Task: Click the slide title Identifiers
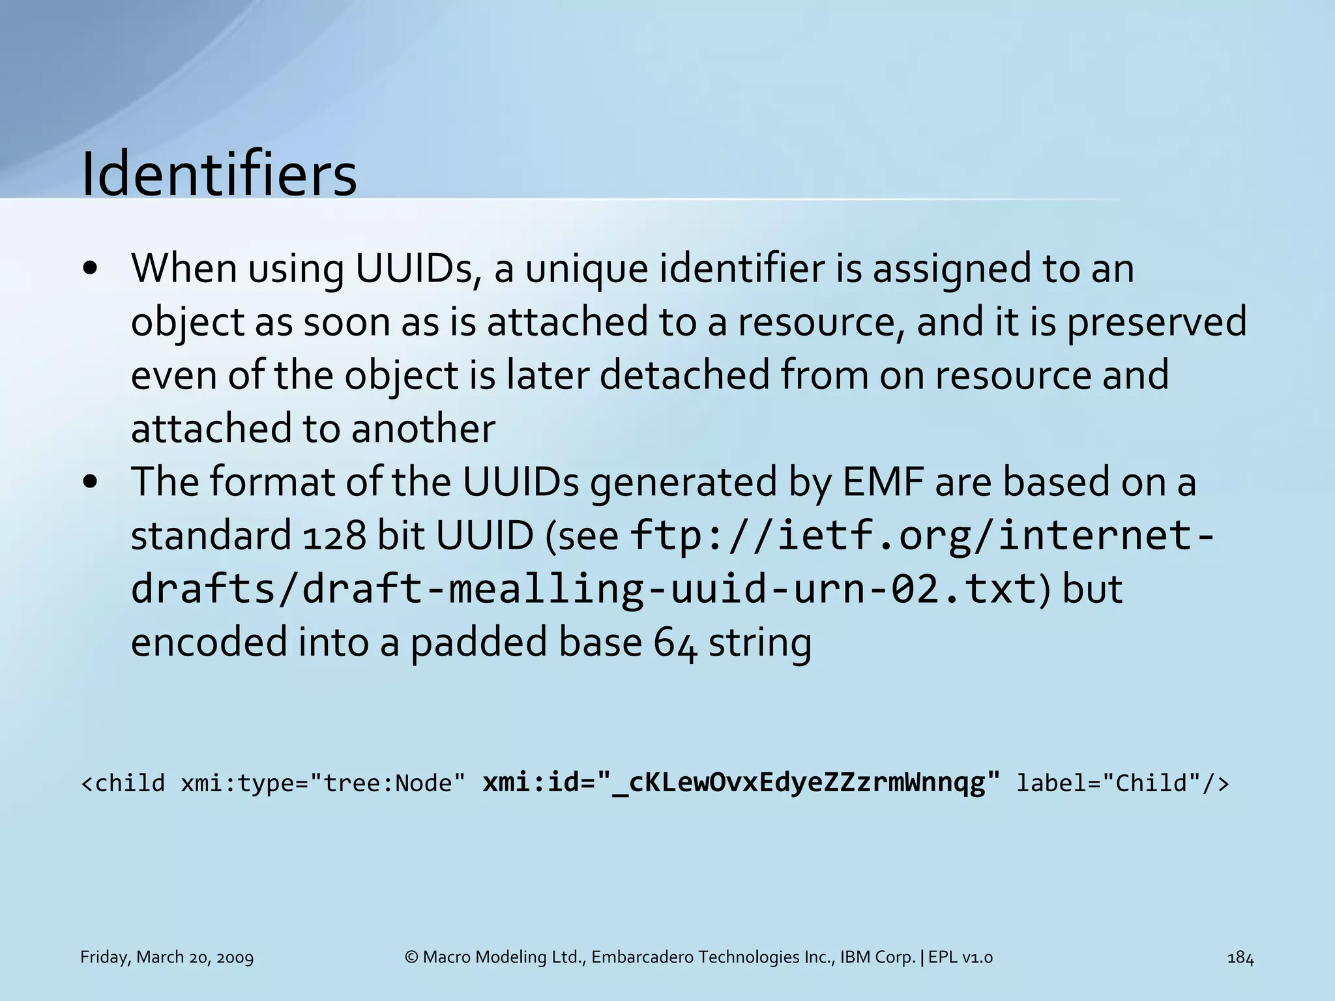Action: [x=219, y=175]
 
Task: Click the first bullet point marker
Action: [x=91, y=269]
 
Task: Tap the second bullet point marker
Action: [x=91, y=482]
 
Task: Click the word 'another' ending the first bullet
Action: [x=423, y=429]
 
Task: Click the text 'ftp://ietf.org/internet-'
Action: [x=922, y=536]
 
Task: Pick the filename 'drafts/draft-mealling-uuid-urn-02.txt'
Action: [x=583, y=589]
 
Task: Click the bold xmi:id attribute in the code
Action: [x=741, y=783]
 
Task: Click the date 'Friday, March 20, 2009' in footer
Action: [x=167, y=957]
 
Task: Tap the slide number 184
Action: [x=1240, y=957]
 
